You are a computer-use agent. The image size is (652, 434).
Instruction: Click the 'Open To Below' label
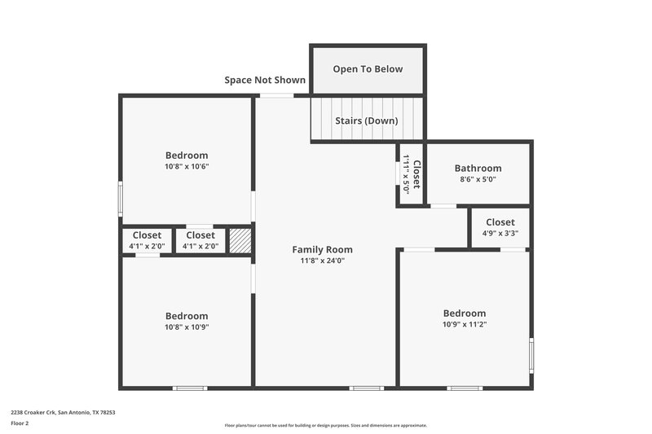point(368,69)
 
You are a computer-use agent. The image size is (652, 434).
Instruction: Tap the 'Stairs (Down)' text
point(367,121)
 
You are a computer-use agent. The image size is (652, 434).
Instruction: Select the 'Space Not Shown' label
point(265,80)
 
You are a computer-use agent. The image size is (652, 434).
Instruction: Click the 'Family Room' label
point(323,249)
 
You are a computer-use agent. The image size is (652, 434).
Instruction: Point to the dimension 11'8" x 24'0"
point(323,261)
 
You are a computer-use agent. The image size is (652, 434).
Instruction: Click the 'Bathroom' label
point(478,169)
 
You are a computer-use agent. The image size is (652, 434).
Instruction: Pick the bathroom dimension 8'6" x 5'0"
point(478,179)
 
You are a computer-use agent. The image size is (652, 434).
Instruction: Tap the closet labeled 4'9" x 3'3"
point(500,226)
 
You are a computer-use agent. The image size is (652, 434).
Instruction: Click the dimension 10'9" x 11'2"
point(465,324)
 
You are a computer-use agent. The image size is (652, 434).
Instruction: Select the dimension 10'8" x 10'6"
point(187,166)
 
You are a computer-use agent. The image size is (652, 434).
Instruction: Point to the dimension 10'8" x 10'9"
point(187,327)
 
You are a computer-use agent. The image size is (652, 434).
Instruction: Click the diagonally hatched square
point(240,241)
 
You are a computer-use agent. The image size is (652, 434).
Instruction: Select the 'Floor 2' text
point(20,423)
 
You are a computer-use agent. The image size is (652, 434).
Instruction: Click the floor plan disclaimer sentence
point(325,425)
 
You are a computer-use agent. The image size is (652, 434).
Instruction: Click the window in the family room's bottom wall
point(366,388)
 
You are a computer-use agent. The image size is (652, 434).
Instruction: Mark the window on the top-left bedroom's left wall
point(121,196)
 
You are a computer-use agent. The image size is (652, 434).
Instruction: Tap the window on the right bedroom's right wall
point(531,355)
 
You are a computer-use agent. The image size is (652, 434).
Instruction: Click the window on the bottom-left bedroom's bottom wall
point(190,388)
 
